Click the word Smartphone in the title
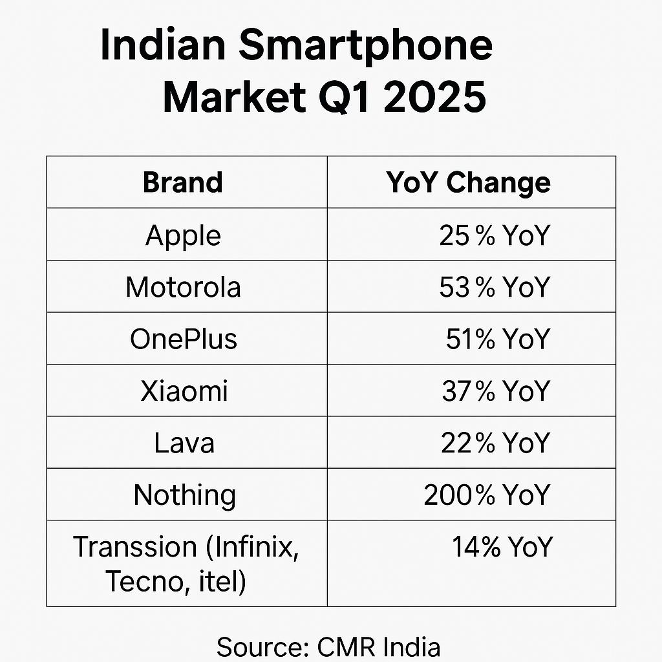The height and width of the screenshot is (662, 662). (x=366, y=47)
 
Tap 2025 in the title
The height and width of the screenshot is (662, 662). (x=435, y=97)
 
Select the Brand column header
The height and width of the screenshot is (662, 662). (x=183, y=182)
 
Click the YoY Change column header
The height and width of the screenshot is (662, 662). (x=468, y=183)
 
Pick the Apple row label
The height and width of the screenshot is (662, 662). (x=183, y=235)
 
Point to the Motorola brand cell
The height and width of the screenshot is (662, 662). (x=183, y=287)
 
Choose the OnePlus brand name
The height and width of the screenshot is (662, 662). (x=184, y=339)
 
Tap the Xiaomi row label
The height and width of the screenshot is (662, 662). (x=184, y=390)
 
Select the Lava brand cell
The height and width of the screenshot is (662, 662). (x=184, y=443)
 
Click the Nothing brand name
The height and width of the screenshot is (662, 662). (x=184, y=496)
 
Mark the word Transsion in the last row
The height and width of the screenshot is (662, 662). (x=135, y=547)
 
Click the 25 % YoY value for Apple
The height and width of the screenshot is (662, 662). (x=495, y=235)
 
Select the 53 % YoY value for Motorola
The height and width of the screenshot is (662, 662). (x=495, y=287)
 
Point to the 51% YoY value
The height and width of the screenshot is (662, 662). (x=498, y=339)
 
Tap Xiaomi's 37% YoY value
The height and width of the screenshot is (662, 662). (x=496, y=390)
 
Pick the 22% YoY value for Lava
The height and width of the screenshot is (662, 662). (x=496, y=443)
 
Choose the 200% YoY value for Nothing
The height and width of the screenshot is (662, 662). (x=487, y=495)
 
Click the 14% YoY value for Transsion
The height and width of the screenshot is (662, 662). (x=502, y=547)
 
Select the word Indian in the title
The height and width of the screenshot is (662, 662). (x=163, y=46)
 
